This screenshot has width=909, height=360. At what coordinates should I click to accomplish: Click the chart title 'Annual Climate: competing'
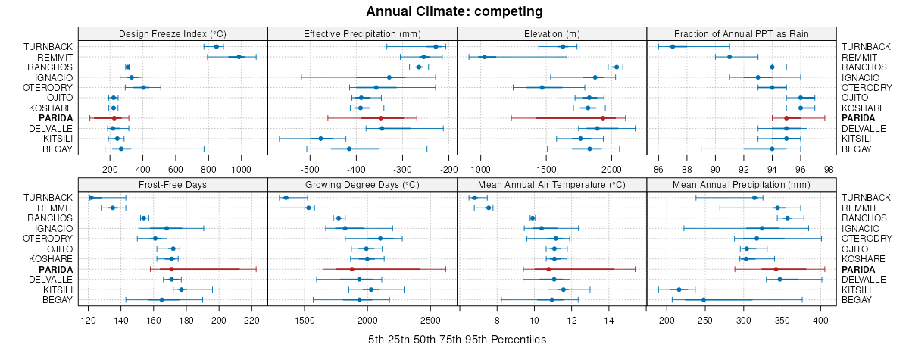[454, 11]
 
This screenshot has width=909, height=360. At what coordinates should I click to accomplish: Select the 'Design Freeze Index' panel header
[173, 33]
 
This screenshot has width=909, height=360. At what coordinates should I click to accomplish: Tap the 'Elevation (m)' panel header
[551, 33]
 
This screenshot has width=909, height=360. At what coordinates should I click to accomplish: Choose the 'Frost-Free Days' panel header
[173, 184]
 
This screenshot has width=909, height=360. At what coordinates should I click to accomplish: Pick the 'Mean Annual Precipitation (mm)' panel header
[741, 184]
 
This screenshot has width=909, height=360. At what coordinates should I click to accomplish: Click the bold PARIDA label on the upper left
[56, 118]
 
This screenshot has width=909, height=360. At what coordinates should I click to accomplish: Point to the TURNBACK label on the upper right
[866, 47]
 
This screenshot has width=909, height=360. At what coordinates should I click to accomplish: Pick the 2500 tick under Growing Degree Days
[430, 320]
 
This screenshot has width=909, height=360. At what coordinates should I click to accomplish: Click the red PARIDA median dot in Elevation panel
[603, 118]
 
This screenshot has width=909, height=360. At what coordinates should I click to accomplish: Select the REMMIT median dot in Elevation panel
[484, 57]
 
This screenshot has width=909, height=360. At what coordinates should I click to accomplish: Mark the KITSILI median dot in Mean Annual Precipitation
[679, 290]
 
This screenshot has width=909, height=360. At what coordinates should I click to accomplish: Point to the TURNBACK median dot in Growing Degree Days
[286, 198]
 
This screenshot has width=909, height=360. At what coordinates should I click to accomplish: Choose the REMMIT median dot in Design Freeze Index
[239, 57]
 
